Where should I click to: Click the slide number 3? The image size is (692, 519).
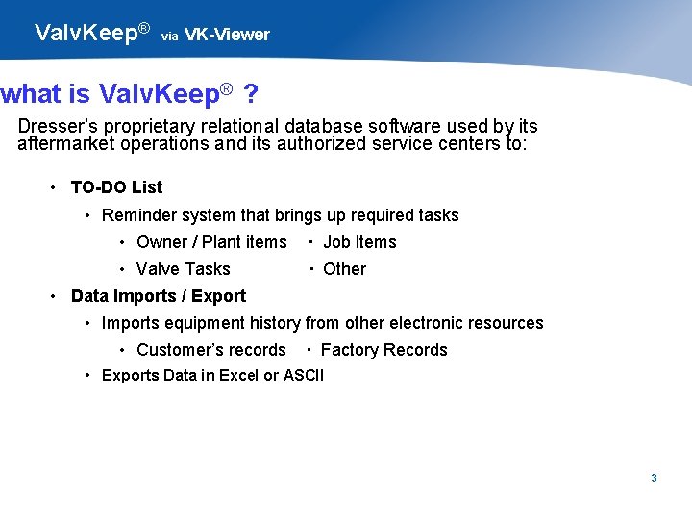654,478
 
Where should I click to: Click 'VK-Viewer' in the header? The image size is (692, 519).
227,35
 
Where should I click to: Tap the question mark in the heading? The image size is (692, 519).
251,94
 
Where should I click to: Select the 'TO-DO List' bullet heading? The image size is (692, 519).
116,187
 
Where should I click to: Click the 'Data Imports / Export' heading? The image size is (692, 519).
159,296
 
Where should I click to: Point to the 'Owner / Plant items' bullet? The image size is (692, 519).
211,242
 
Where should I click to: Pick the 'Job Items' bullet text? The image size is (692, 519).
359,242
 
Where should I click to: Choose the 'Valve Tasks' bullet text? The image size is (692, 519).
184,269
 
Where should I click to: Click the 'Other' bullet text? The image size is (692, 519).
344,269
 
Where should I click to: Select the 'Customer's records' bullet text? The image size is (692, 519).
211,350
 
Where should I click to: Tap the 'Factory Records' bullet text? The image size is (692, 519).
383,350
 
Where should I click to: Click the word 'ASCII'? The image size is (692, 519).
304,375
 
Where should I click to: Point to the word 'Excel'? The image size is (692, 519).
239,375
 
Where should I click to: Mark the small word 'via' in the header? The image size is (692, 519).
169,37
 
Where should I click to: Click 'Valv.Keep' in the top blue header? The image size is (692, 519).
86,33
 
